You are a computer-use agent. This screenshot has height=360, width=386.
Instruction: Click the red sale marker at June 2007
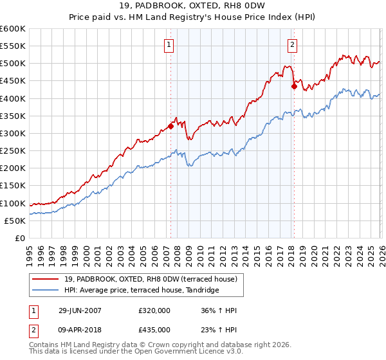170,126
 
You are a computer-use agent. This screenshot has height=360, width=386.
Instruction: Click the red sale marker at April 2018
293,86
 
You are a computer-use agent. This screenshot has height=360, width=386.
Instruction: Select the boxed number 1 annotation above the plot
169,44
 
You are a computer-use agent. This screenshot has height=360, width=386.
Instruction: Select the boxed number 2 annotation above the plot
292,44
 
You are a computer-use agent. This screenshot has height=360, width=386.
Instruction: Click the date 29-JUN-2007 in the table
78,310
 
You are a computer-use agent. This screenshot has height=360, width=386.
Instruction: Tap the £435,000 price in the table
154,329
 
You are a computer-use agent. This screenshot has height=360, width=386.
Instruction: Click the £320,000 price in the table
154,310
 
